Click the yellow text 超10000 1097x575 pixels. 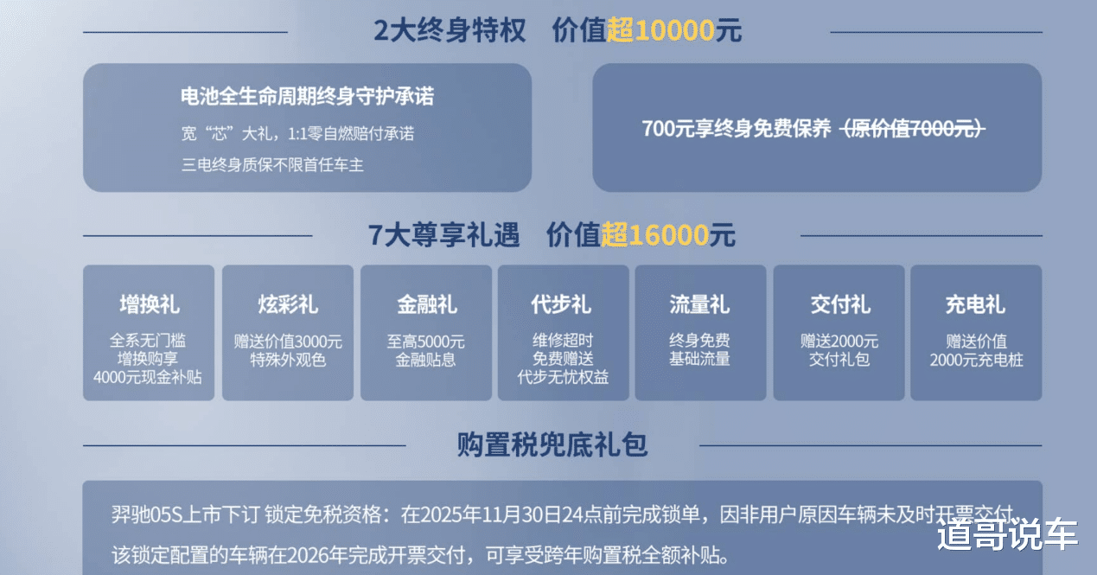click(660, 31)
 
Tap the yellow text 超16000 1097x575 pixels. click(655, 234)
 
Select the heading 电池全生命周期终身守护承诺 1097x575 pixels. click(307, 96)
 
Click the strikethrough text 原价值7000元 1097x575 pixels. click(914, 129)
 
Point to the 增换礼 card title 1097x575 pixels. click(150, 304)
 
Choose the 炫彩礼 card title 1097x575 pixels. click(288, 304)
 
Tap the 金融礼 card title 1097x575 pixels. click(426, 304)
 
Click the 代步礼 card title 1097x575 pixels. click(563, 304)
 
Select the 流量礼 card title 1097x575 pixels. click(700, 304)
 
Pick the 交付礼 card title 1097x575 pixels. click(839, 304)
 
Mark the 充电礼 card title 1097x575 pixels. click(976, 304)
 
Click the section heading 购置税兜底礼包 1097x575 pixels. click(552, 445)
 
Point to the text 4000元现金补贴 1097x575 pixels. click(148, 378)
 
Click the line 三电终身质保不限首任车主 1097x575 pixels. click(272, 164)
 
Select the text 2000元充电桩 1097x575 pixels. click(977, 360)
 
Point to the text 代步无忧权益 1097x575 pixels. click(563, 378)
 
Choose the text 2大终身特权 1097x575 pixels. click(450, 31)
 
